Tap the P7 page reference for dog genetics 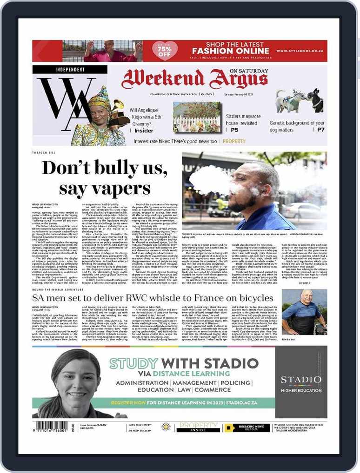coord(320,130)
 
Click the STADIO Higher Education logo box coord(301,382)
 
